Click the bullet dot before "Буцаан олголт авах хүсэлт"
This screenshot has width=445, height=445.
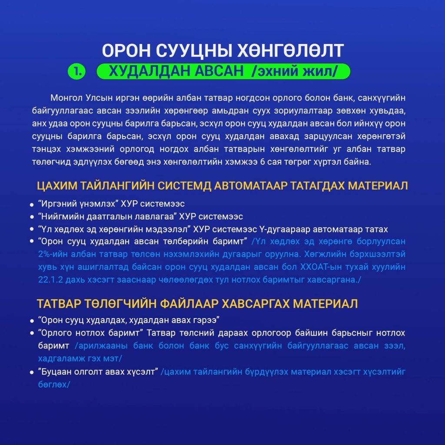pyautogui.click(x=32, y=373)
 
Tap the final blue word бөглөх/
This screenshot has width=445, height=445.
pyautogui.click(x=54, y=385)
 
